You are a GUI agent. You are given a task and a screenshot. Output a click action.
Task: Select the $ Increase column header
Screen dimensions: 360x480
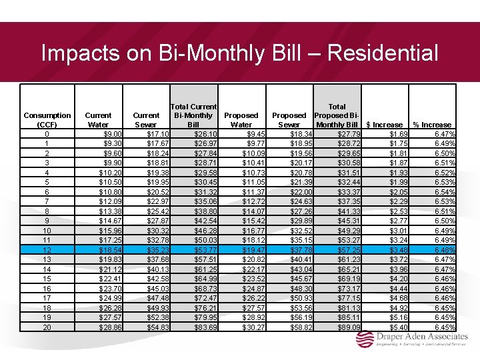point(385,125)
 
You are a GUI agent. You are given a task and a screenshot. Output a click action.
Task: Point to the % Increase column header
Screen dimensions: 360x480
point(432,125)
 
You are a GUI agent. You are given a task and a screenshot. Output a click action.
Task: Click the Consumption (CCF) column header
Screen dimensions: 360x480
point(47,120)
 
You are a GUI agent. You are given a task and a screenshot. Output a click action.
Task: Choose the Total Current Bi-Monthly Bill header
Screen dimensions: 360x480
point(193,115)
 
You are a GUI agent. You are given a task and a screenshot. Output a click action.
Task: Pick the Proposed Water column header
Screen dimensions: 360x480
point(241,120)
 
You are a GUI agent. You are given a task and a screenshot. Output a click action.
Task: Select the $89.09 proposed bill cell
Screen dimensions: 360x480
point(347,327)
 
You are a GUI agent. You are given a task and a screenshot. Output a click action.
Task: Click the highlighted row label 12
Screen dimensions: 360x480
point(47,250)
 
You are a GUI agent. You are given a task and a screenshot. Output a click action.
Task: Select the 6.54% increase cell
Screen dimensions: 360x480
point(443,192)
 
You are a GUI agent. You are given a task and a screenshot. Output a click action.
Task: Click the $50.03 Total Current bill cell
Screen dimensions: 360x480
point(205,240)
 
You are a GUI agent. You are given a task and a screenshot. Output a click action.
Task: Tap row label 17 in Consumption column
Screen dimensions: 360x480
point(47,298)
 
